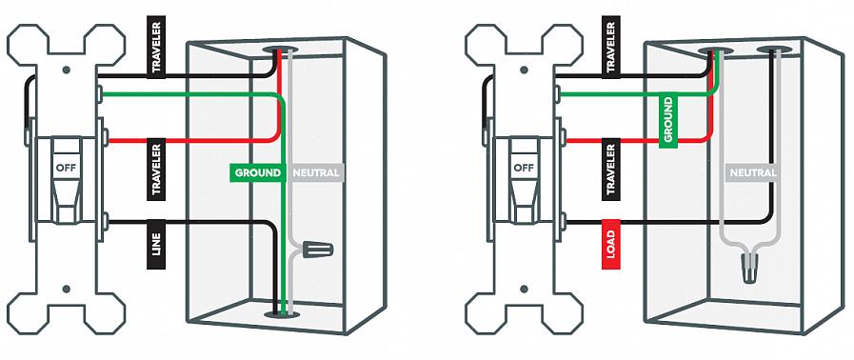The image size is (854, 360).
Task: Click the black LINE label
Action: pos(156,245)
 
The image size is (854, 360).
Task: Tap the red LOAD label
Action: pos(610,245)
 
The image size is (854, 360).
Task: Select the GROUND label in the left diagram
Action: pos(258,173)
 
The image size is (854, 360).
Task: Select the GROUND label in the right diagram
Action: pos(668,120)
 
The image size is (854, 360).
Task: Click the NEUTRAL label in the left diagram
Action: pos(316,173)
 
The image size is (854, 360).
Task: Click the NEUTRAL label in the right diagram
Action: pos(753,173)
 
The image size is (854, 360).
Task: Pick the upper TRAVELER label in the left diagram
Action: pos(156,48)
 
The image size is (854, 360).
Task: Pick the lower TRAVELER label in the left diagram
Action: pos(156,169)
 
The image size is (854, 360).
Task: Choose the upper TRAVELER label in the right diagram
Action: pos(611,48)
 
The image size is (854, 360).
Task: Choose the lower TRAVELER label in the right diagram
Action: pos(611,169)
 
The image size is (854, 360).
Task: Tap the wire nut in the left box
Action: pos(317,250)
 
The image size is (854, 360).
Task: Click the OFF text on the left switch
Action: pos(66,168)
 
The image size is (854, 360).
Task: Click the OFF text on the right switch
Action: pos(524,168)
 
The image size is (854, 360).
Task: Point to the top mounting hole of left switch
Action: pos(67,70)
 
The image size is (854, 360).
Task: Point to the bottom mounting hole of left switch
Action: pos(67,289)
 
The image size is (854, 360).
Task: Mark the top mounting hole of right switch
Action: pos(524,70)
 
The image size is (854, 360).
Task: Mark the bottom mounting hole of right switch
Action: pos(524,289)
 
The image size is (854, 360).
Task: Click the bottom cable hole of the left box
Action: pos(282,314)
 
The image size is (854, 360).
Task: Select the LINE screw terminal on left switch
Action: pos(104,222)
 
